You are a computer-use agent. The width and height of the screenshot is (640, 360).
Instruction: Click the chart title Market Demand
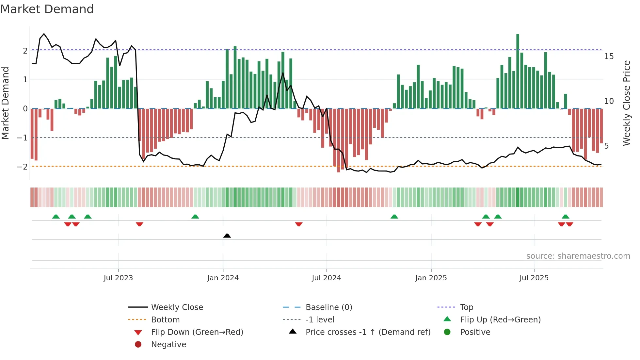[47, 9]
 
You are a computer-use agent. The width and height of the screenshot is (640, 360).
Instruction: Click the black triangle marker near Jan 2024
[227, 236]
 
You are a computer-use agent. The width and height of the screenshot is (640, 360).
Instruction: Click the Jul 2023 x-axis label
[118, 278]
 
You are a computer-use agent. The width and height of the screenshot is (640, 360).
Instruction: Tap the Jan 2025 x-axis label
[431, 278]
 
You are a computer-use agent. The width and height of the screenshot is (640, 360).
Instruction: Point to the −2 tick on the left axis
[23, 167]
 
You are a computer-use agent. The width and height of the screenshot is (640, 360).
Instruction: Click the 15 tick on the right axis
[609, 57]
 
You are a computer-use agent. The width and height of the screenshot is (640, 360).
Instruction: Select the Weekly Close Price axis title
[626, 103]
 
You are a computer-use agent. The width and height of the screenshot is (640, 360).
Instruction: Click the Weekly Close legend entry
[177, 307]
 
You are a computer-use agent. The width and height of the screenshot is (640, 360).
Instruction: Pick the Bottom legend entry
[165, 320]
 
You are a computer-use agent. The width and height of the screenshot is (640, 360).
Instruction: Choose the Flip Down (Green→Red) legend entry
[197, 332]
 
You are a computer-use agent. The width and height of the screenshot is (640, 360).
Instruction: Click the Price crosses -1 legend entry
[368, 332]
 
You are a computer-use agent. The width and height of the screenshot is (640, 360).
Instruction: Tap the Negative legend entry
[168, 345]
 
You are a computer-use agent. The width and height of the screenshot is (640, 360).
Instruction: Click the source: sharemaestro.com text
[578, 256]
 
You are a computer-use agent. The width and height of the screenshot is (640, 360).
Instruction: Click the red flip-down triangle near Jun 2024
[298, 224]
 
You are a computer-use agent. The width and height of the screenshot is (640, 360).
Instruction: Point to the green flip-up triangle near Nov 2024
[394, 217]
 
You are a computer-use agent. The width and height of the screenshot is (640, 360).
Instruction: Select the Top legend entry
[467, 307]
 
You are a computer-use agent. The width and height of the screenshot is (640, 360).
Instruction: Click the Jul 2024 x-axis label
[326, 278]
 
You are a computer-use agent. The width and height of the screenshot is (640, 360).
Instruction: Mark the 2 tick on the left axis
[25, 51]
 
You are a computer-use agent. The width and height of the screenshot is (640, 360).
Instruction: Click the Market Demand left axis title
[5, 103]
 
